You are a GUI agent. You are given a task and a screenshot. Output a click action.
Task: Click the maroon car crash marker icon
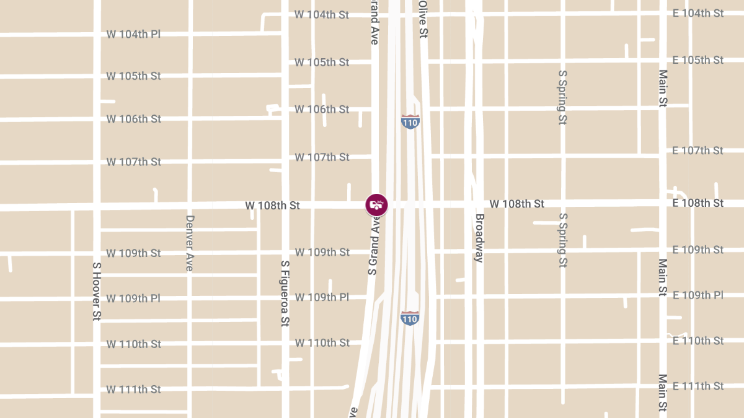[x=376, y=205]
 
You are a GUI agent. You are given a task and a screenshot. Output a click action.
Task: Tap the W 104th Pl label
[x=133, y=34]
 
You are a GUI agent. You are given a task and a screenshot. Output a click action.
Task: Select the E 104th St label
[x=698, y=13]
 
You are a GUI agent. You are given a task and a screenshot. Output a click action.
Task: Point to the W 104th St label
[x=322, y=14]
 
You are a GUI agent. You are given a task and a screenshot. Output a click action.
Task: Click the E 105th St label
[x=698, y=60]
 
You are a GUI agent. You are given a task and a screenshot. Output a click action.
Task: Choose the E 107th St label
[x=698, y=150]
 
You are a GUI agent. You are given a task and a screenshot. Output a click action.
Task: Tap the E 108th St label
[x=698, y=203]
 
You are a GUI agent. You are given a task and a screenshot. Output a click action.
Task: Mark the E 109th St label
[x=698, y=250]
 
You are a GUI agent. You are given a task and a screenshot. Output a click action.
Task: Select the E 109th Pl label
[x=698, y=295]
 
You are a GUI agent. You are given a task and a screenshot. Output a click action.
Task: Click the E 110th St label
[x=698, y=341]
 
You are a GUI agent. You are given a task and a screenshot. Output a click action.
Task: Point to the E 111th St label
[x=698, y=386]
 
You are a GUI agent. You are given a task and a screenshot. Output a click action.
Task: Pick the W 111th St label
[x=133, y=390]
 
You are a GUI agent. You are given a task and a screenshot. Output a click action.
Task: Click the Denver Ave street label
[x=190, y=243]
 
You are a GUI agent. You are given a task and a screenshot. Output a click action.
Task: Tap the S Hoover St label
[x=97, y=291]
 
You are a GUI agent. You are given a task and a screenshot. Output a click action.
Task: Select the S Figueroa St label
[x=285, y=293]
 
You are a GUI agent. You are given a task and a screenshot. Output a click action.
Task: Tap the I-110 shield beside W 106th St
[x=410, y=121]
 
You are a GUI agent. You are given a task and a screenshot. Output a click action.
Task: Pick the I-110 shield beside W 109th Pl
[x=410, y=318]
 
